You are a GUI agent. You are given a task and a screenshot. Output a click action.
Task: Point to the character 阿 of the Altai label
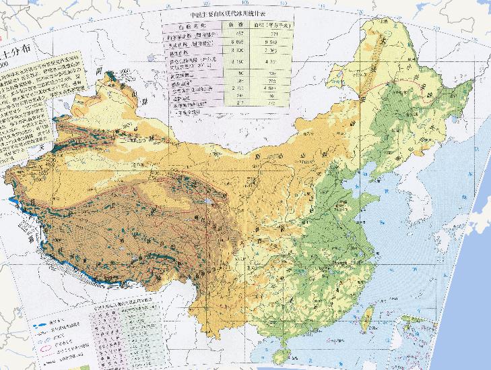click(x=98, y=70)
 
